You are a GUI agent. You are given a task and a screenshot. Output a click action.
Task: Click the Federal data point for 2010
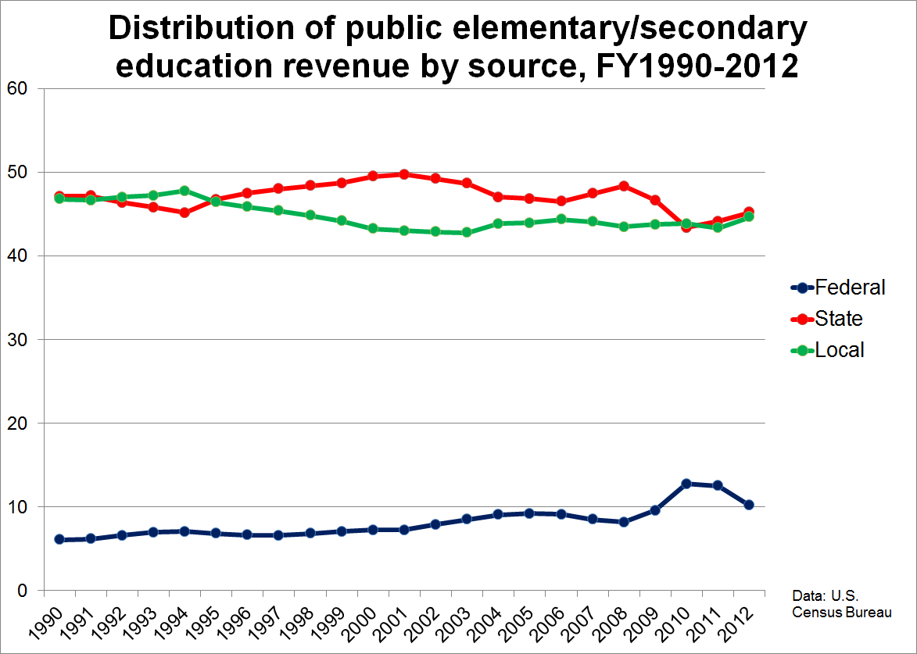tap(686, 484)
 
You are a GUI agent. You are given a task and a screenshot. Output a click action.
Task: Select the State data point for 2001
tap(404, 174)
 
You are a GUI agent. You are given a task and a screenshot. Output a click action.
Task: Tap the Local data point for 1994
tap(184, 191)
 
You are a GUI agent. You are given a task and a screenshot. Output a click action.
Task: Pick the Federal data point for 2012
tap(749, 505)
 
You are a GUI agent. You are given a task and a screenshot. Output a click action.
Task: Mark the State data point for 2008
tap(624, 186)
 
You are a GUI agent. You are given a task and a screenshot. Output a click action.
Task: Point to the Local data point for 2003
tap(467, 232)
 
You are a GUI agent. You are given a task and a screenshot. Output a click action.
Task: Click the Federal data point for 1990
tap(59, 539)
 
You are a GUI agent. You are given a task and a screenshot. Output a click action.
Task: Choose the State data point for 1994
tap(184, 212)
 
